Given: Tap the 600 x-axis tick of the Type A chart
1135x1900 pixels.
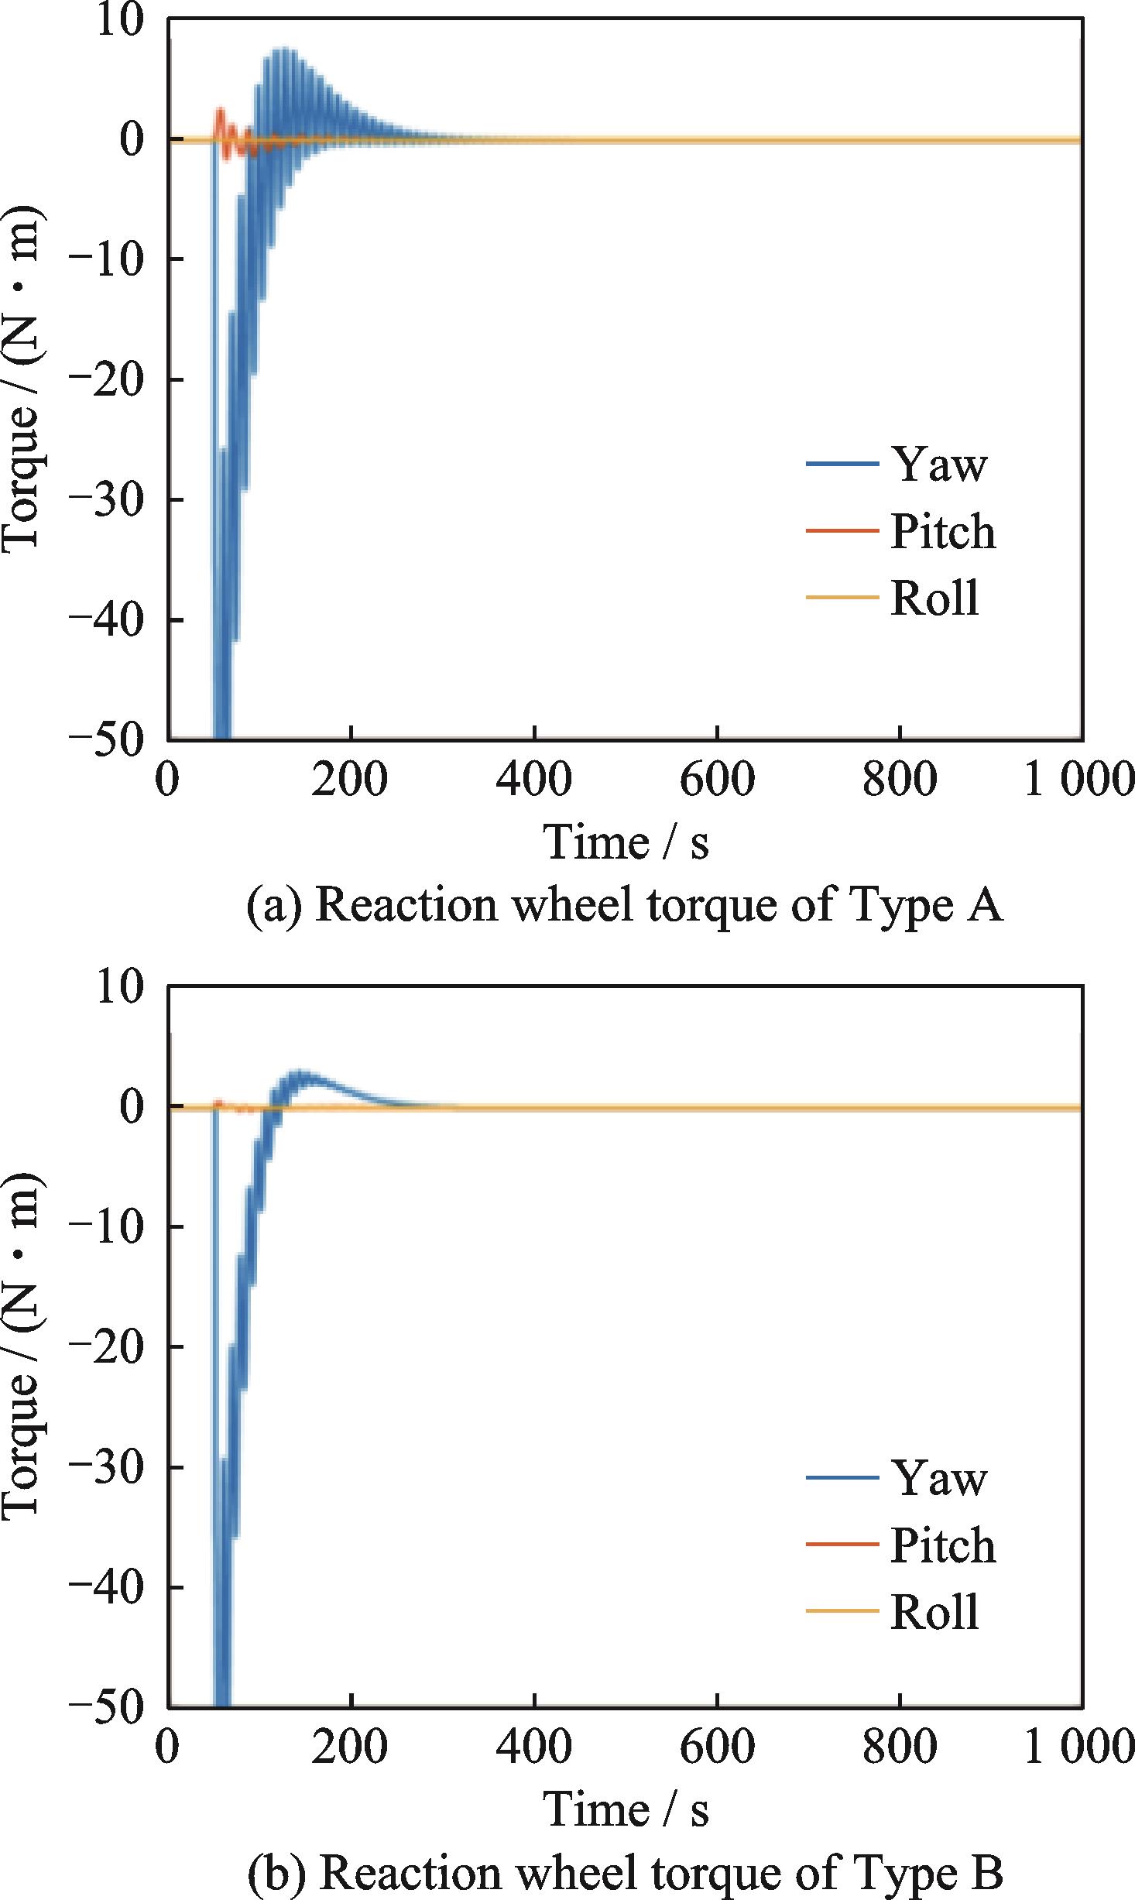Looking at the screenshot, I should [x=717, y=780].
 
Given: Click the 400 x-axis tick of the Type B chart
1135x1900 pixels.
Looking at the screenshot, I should [x=534, y=1746].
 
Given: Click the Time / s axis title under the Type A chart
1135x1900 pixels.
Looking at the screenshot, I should [x=626, y=842].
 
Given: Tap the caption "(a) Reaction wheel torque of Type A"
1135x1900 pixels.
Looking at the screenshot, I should [x=625, y=904].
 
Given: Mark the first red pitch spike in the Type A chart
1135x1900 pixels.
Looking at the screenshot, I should [x=221, y=111].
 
